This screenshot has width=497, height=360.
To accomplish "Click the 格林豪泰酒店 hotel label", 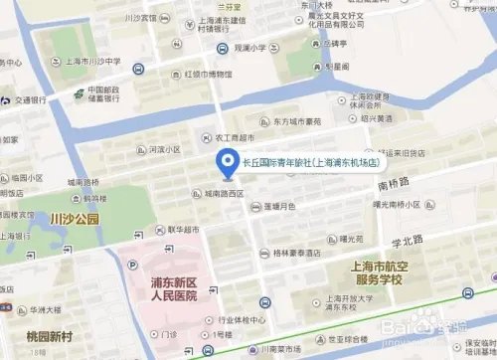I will (x=310, y=254).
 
